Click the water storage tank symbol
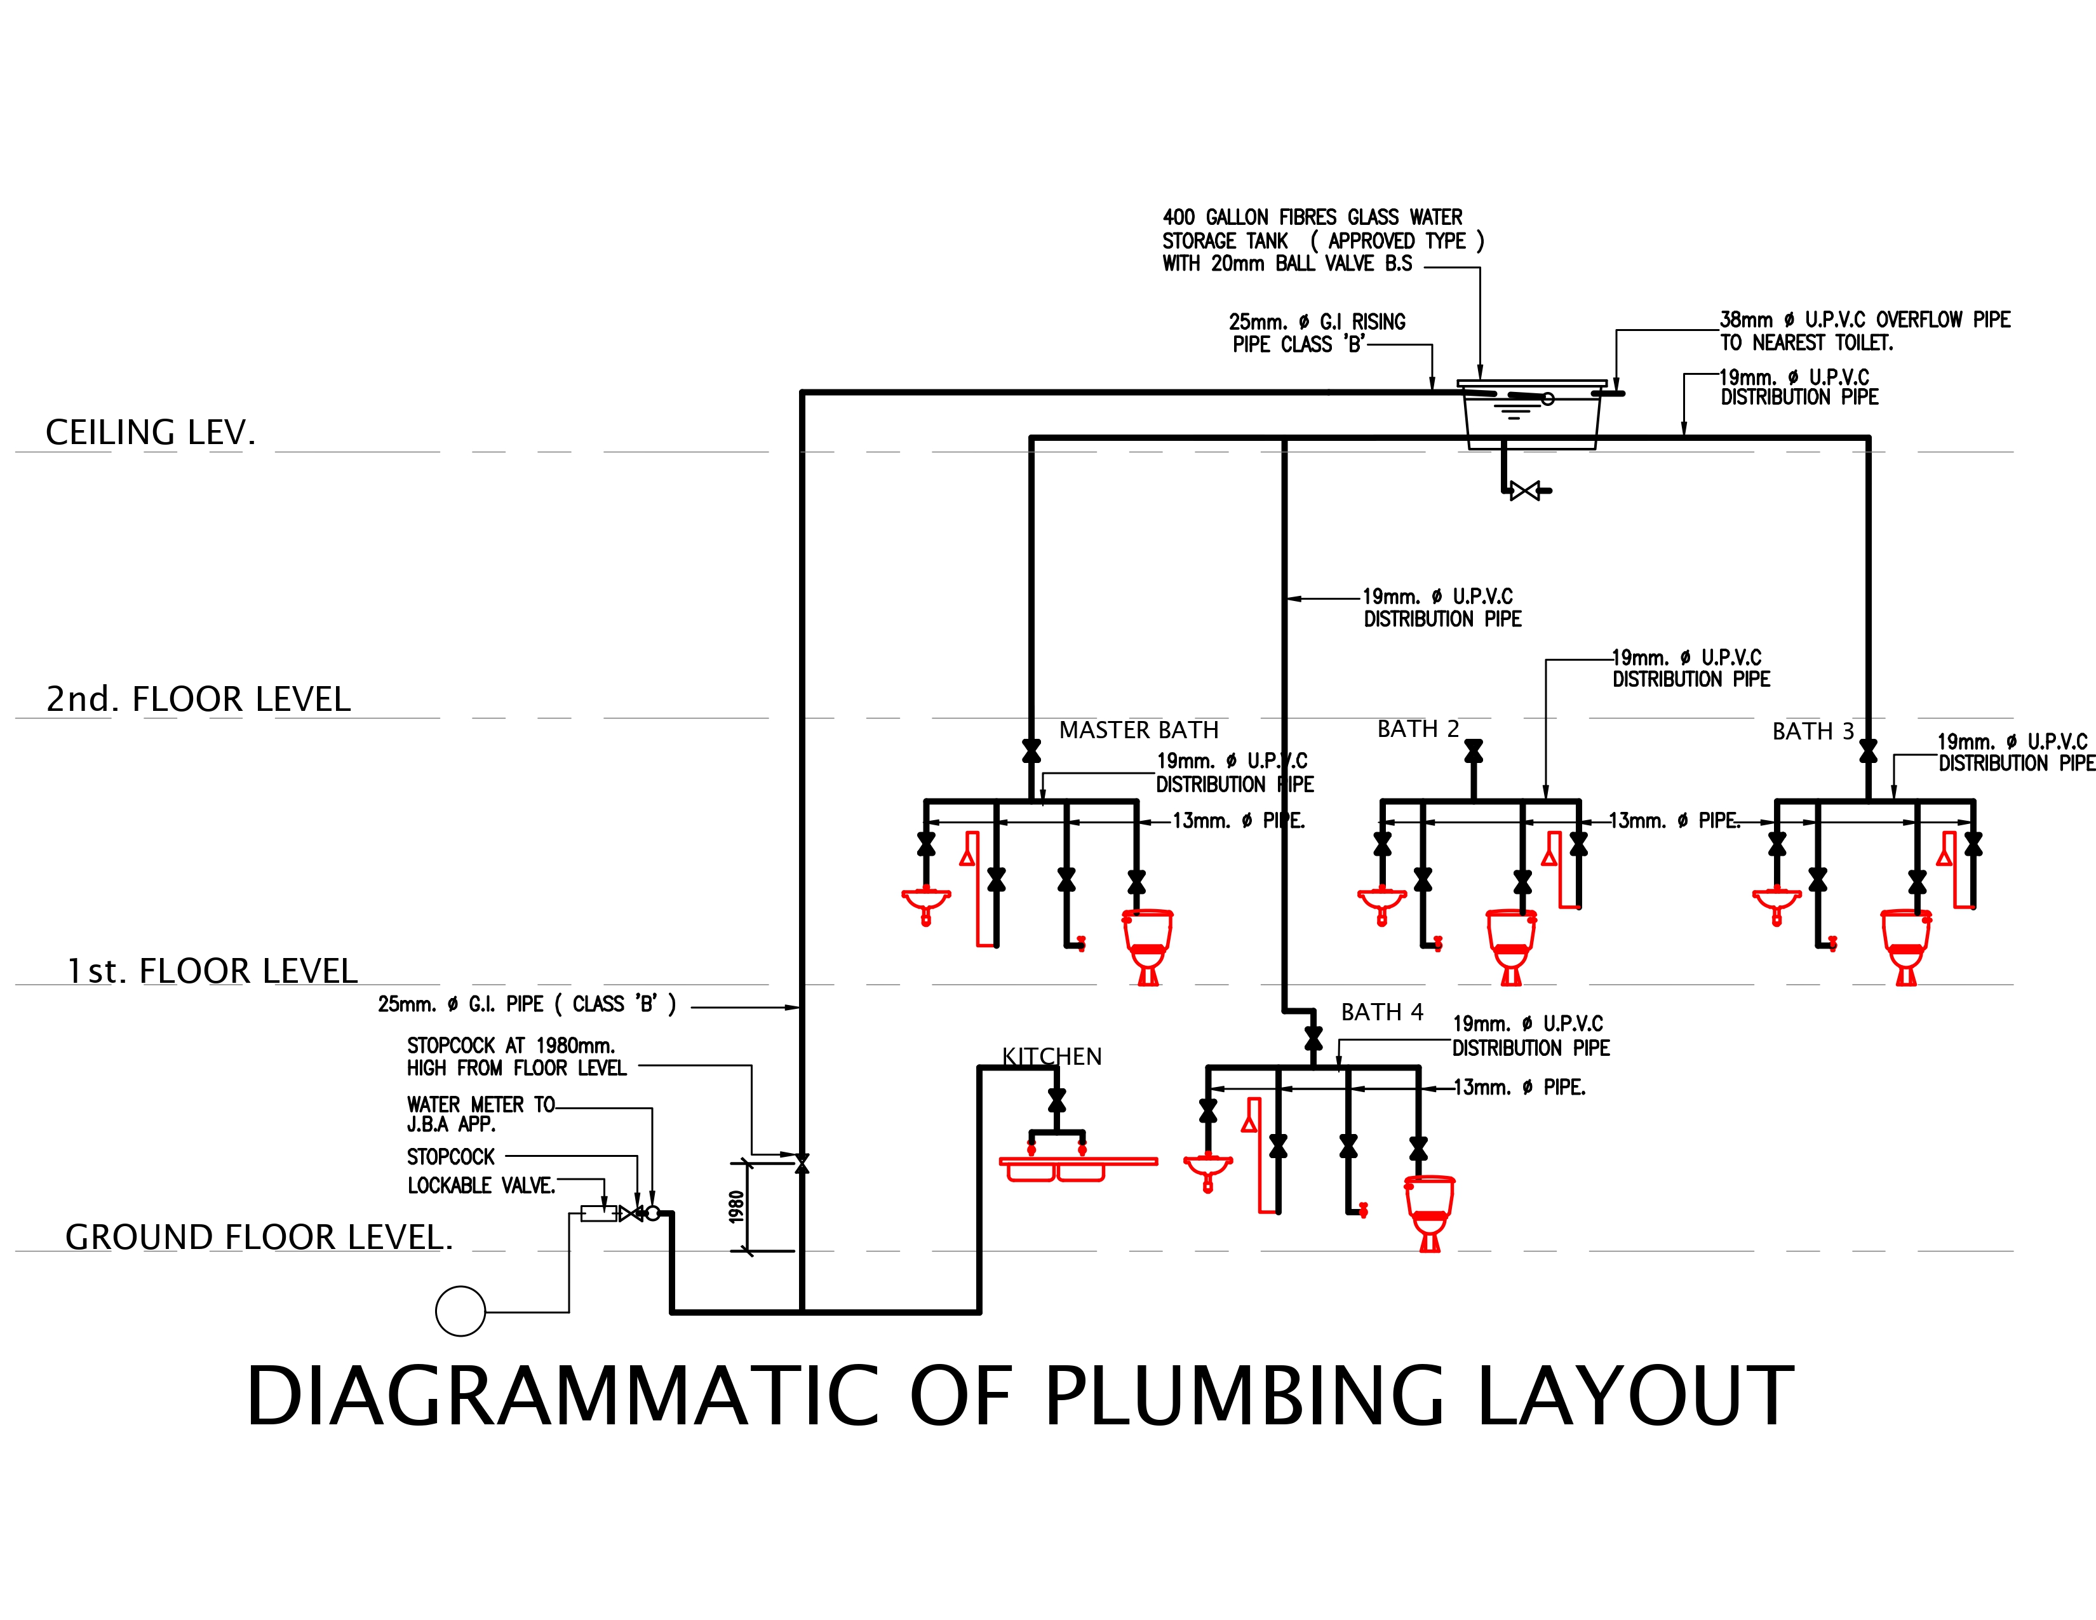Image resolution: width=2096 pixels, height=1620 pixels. click(1532, 415)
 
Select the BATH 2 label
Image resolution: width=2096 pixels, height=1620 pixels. click(1418, 729)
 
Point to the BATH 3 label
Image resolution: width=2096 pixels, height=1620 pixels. click(1813, 731)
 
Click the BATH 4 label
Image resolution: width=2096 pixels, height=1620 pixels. click(1382, 1013)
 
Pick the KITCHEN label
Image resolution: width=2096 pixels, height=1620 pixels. click(1052, 1056)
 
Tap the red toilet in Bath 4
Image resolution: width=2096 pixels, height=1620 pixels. click(1429, 1214)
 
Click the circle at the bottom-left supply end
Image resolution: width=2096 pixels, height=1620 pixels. click(460, 1311)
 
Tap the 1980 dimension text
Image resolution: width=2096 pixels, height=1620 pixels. click(736, 1207)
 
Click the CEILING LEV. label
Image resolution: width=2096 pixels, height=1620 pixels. click(151, 433)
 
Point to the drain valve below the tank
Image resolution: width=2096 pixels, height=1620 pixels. click(1525, 491)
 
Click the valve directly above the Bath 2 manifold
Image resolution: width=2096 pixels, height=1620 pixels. click(1473, 752)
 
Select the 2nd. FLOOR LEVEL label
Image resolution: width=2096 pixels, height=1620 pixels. click(199, 699)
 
